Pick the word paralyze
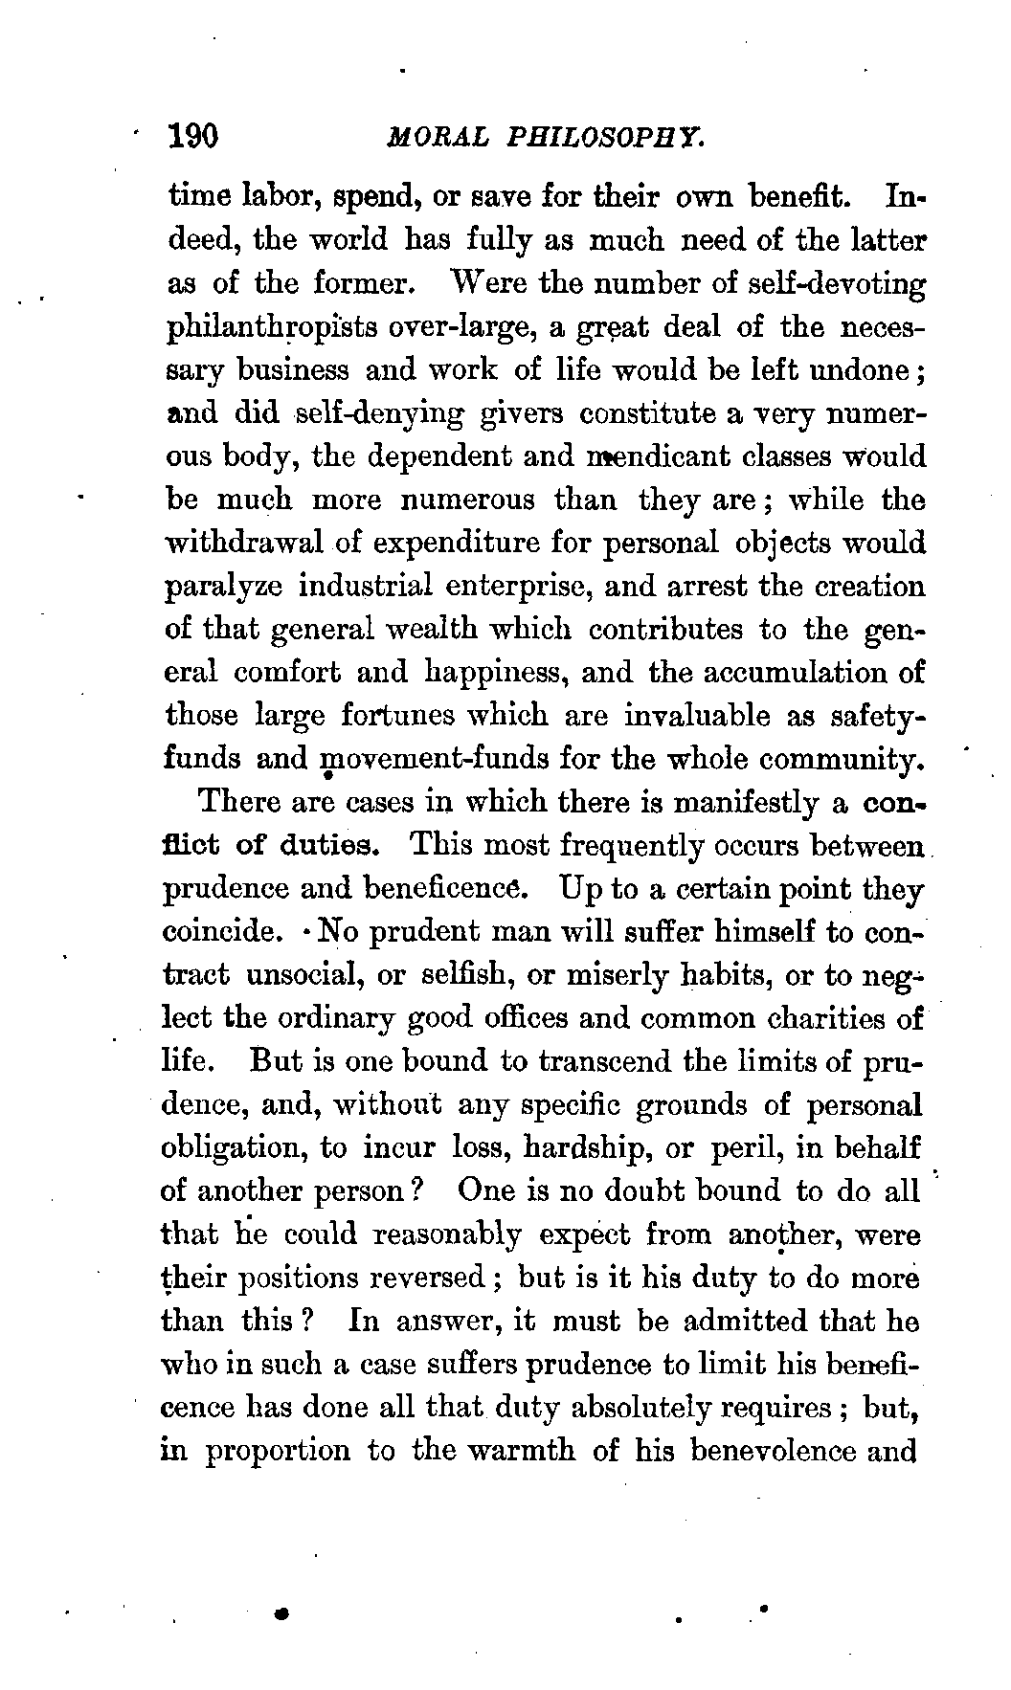point(224,587)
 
